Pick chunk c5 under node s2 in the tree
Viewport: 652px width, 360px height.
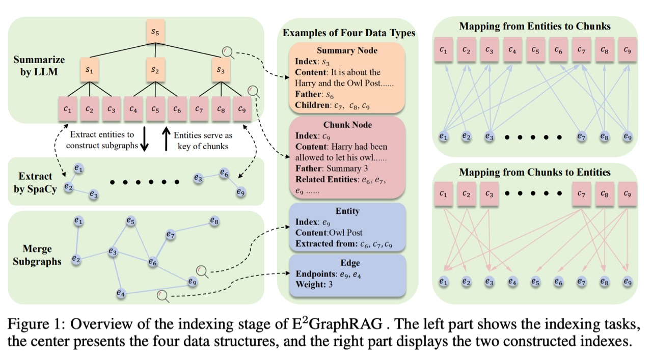(x=155, y=108)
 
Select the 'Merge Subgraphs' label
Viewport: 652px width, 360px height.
(x=36, y=255)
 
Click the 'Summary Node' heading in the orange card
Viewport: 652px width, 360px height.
(x=347, y=50)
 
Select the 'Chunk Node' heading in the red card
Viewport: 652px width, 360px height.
(x=347, y=125)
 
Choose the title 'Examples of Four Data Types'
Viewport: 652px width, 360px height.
(x=349, y=33)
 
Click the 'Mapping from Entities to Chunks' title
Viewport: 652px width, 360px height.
(x=534, y=26)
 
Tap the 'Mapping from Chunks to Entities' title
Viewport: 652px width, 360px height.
(x=534, y=172)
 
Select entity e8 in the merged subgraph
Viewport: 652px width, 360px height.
(x=214, y=221)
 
